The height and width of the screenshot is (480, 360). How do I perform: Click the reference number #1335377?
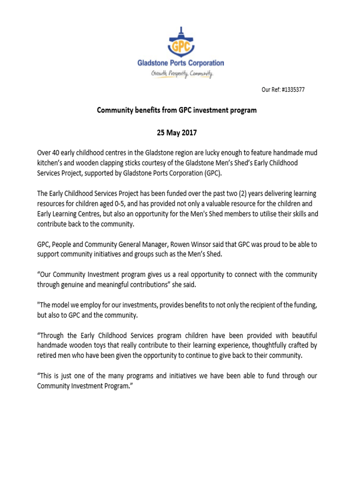[x=293, y=90]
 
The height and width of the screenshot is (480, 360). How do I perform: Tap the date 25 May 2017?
[x=177, y=133]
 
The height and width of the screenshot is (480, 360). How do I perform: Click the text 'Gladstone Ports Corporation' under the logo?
[x=181, y=63]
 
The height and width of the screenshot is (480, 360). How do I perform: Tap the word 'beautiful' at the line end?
[x=301, y=335]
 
